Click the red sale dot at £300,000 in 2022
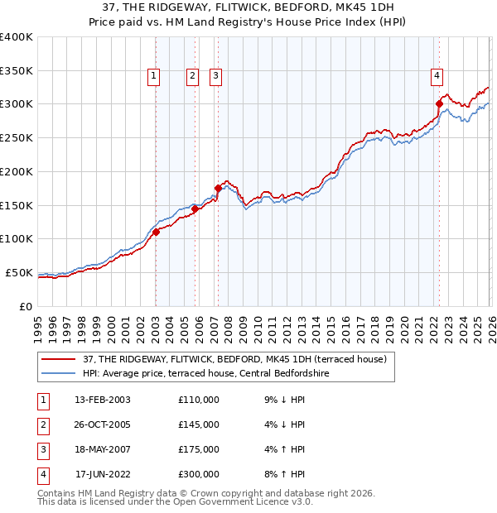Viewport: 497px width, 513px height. (439, 103)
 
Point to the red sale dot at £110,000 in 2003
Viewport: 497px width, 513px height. (156, 233)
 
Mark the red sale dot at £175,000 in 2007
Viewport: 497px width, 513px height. (218, 188)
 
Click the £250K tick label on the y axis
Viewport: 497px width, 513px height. (17, 137)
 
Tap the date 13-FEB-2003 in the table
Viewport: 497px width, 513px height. (102, 400)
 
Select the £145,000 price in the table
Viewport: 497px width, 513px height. (199, 424)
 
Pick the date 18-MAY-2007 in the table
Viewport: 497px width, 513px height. (102, 449)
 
